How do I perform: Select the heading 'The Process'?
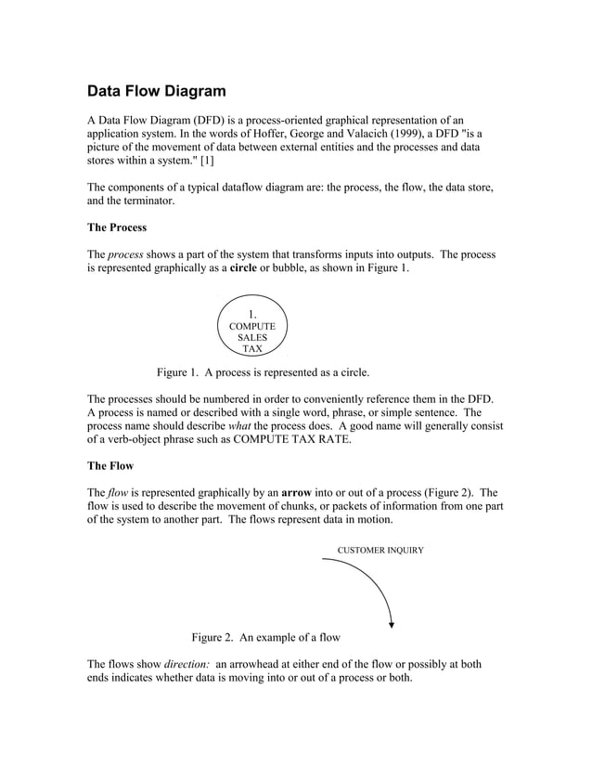[116, 227]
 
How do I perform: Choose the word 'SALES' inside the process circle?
[251, 338]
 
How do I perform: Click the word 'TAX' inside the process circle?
[251, 350]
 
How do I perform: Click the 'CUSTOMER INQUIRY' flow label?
[380, 551]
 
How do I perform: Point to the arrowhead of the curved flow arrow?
[393, 625]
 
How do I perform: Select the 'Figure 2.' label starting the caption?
[212, 638]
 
